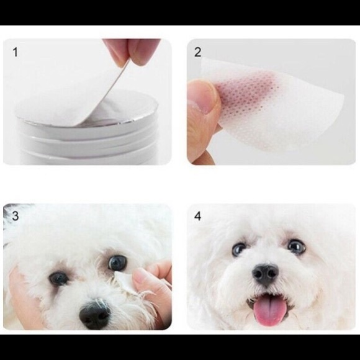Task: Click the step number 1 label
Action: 15,52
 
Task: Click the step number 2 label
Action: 197,52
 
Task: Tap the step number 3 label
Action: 16,216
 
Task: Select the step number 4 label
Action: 197,216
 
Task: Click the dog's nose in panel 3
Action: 94,315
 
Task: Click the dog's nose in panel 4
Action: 266,274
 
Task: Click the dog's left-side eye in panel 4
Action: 239,249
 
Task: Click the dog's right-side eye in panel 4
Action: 297,246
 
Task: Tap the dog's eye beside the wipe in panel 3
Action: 117,263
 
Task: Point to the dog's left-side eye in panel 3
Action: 58,279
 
